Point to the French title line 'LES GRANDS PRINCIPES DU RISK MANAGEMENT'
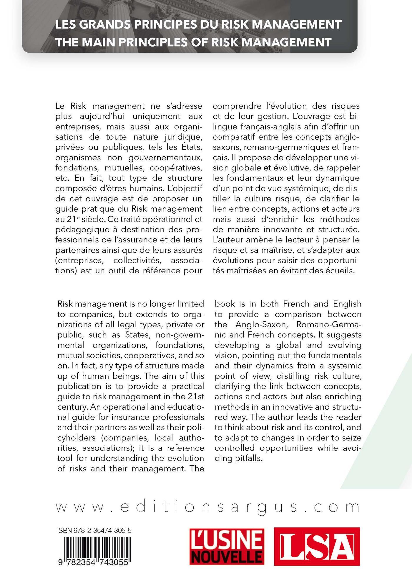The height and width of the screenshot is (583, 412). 199,25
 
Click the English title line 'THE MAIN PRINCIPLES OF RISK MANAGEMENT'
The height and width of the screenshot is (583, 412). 193,42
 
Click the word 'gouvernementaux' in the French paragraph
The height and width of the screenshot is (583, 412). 166,157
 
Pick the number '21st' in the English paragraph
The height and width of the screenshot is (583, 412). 196,396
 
